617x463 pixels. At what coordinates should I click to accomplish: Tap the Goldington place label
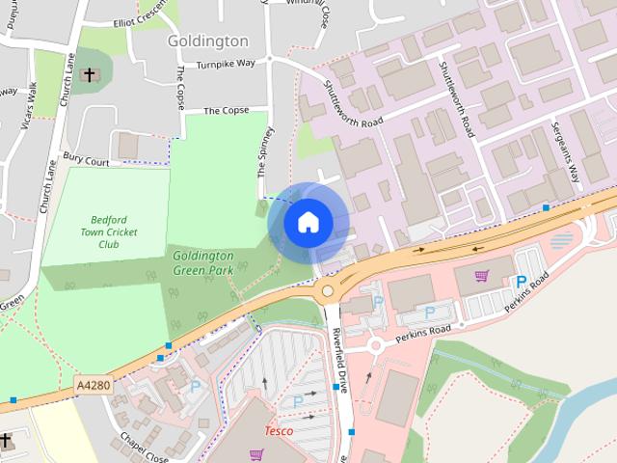tap(207, 41)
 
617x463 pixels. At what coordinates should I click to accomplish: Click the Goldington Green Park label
tap(202, 261)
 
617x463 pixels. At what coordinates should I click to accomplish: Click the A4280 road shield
tap(94, 385)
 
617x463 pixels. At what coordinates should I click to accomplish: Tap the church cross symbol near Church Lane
tap(90, 74)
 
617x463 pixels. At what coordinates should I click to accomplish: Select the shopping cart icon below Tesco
tap(257, 453)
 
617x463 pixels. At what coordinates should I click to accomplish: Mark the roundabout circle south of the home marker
tap(328, 289)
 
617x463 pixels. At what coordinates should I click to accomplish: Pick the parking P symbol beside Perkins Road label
tap(522, 282)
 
